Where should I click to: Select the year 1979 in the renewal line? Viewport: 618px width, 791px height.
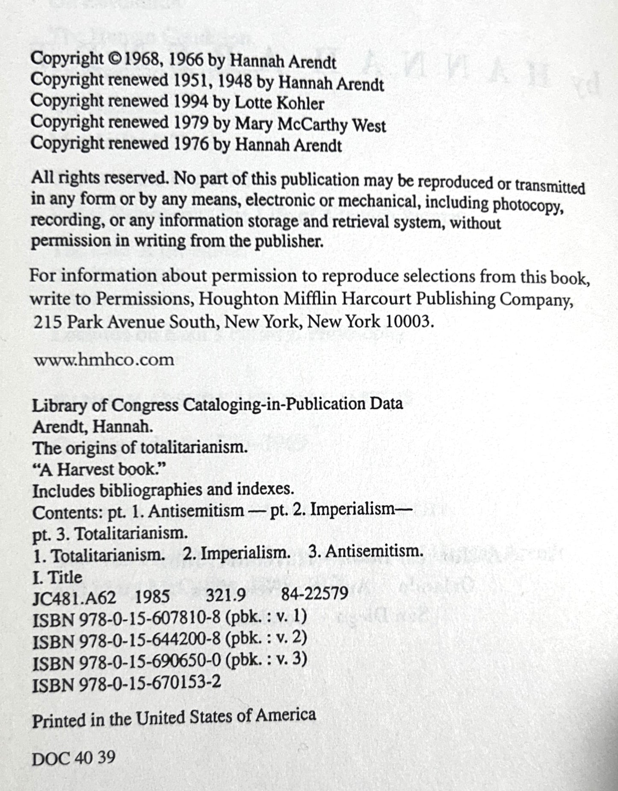pos(192,123)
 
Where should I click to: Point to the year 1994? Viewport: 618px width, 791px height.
pos(192,102)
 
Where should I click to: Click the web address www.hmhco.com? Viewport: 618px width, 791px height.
pos(104,360)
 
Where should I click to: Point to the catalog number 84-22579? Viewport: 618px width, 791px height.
pos(315,594)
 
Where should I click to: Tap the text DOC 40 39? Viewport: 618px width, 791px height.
pos(74,758)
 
